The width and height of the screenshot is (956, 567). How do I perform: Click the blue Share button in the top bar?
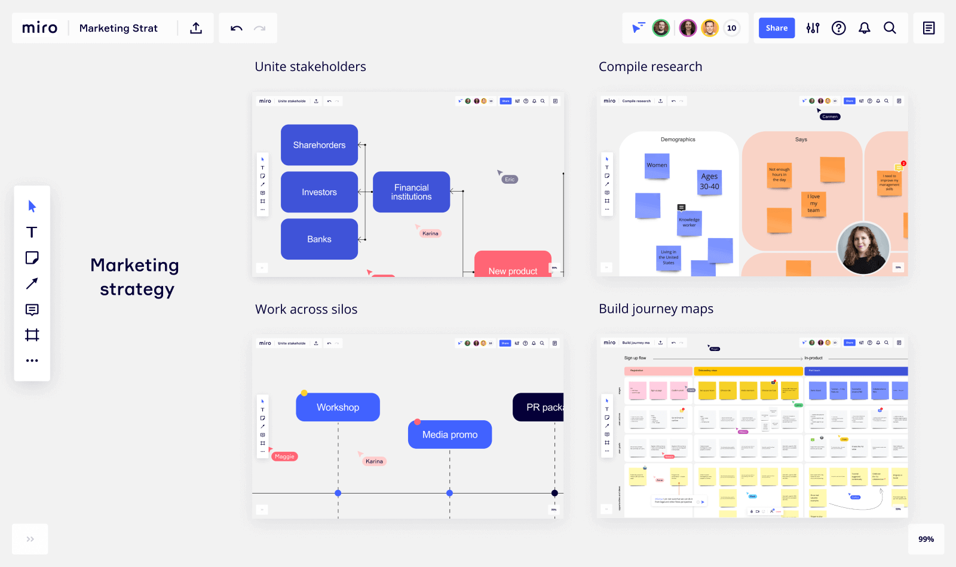click(776, 28)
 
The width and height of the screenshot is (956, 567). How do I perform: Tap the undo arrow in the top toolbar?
click(237, 28)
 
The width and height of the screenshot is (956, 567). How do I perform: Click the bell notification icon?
click(864, 28)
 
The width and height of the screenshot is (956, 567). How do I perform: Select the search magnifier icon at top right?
click(890, 28)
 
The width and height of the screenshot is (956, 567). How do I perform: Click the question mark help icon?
click(838, 28)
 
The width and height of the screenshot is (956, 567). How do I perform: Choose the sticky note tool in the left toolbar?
click(32, 258)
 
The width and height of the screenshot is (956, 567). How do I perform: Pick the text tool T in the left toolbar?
click(32, 232)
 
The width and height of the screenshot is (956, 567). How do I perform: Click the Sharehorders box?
click(319, 145)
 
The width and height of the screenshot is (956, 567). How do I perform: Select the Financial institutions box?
click(411, 192)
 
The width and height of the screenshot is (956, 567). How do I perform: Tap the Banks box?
click(319, 239)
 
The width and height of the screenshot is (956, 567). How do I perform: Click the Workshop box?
click(338, 407)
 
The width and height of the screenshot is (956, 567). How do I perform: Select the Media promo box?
click(449, 435)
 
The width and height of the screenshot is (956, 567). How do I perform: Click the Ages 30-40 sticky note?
click(709, 182)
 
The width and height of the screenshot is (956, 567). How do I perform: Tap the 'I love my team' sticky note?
click(813, 204)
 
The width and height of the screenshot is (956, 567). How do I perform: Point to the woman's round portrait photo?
click(863, 248)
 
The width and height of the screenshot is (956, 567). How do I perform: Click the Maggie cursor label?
click(284, 457)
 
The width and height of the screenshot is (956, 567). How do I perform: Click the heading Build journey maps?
click(656, 309)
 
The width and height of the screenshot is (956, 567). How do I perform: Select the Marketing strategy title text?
click(135, 277)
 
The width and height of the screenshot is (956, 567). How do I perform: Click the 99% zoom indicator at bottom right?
click(926, 539)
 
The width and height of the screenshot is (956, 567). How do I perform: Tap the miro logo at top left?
click(39, 28)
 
